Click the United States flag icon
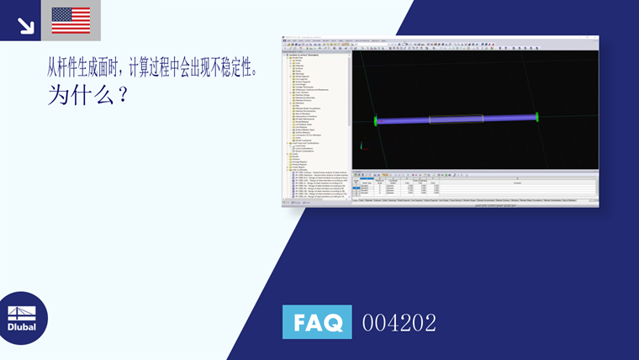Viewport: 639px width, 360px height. point(71,20)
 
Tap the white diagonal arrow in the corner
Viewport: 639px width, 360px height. point(25,25)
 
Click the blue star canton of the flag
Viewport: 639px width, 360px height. point(61,14)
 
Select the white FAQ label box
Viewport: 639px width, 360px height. point(317,321)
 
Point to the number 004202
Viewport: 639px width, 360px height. point(399,322)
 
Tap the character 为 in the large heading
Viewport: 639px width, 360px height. point(60,95)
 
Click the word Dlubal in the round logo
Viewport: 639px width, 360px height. point(22,326)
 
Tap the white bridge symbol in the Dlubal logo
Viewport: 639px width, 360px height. point(22,312)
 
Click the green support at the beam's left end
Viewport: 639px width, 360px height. point(377,121)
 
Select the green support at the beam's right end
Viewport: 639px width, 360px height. point(536,118)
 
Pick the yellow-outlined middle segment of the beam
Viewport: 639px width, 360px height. point(456,119)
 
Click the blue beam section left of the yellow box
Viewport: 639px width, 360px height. point(404,120)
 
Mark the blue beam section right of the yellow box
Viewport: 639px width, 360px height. point(508,119)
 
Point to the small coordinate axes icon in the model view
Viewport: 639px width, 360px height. point(361,146)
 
